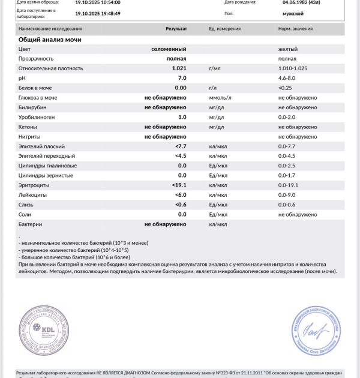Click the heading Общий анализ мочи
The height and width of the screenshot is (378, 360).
pyautogui.click(x=58, y=40)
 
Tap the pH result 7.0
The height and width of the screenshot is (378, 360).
pyautogui.click(x=182, y=78)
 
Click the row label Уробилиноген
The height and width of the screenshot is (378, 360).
pyautogui.click(x=37, y=117)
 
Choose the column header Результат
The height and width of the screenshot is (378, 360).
pyautogui.click(x=176, y=29)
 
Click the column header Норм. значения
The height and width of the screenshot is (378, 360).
pyautogui.click(x=296, y=29)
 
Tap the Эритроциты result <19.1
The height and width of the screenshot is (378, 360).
pyautogui.click(x=179, y=185)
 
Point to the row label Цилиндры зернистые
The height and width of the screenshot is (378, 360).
pyautogui.click(x=46, y=175)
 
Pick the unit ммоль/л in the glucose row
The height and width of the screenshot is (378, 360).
pyautogui.click(x=220, y=98)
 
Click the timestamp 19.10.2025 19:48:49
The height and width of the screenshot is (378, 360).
pyautogui.click(x=98, y=13)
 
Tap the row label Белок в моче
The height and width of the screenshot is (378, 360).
pyautogui.click(x=35, y=88)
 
